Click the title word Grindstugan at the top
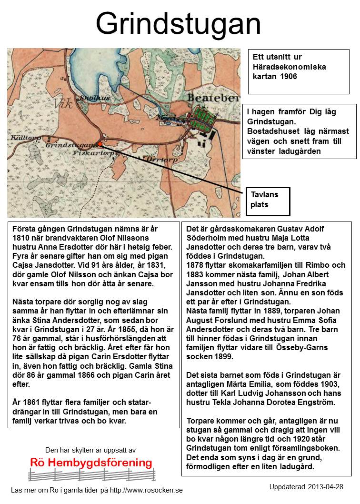(x=179, y=23)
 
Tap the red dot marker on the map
(x=100, y=143)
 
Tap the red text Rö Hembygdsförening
(x=91, y=463)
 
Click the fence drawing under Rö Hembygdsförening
(x=90, y=475)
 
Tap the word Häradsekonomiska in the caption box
(x=289, y=67)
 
